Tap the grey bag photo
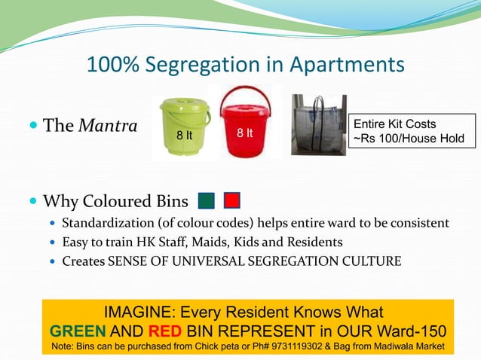pyautogui.click(x=318, y=124)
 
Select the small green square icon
pyautogui.click(x=207, y=201)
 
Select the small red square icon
pyautogui.click(x=232, y=201)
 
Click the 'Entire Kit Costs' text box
pyautogui.click(x=411, y=131)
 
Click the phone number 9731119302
pyautogui.click(x=311, y=346)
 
